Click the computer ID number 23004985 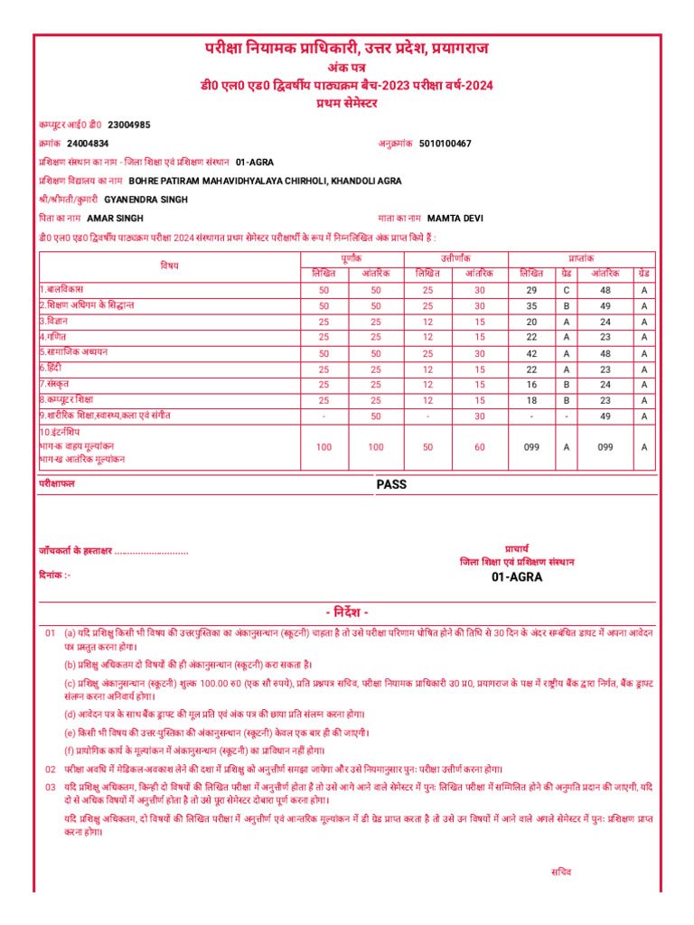129,125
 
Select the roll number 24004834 88,144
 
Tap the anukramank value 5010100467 445,144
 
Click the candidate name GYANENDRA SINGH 146,199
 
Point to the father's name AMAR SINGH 115,218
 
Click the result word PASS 391,484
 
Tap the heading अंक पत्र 347,67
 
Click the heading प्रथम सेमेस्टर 347,103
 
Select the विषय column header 170,266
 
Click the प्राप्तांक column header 582,258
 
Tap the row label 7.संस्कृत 55,384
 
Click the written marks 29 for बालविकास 531,289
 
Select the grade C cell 566,289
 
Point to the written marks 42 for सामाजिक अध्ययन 531,353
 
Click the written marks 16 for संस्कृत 531,385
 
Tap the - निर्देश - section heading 347,612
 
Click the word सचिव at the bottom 561,872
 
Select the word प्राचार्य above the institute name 517,547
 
